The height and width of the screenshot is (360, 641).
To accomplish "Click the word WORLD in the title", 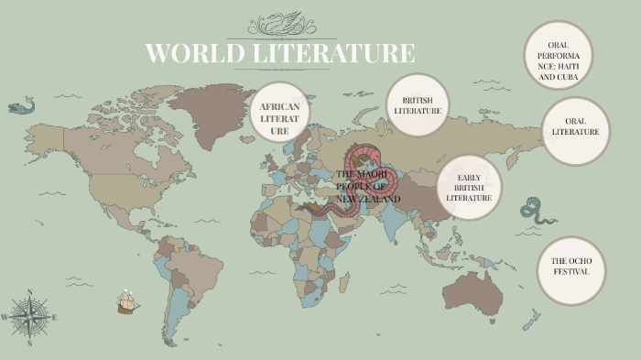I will (190, 53).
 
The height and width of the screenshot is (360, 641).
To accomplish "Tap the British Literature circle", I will (418, 104).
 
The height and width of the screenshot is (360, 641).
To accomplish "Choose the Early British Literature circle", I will (469, 187).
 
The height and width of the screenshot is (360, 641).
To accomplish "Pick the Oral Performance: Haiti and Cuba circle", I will (559, 56).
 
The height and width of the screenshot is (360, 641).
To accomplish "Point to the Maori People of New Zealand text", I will (368, 186).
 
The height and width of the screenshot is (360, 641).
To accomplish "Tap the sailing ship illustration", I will (127, 301).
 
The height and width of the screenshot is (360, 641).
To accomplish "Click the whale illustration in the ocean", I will (20, 107).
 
